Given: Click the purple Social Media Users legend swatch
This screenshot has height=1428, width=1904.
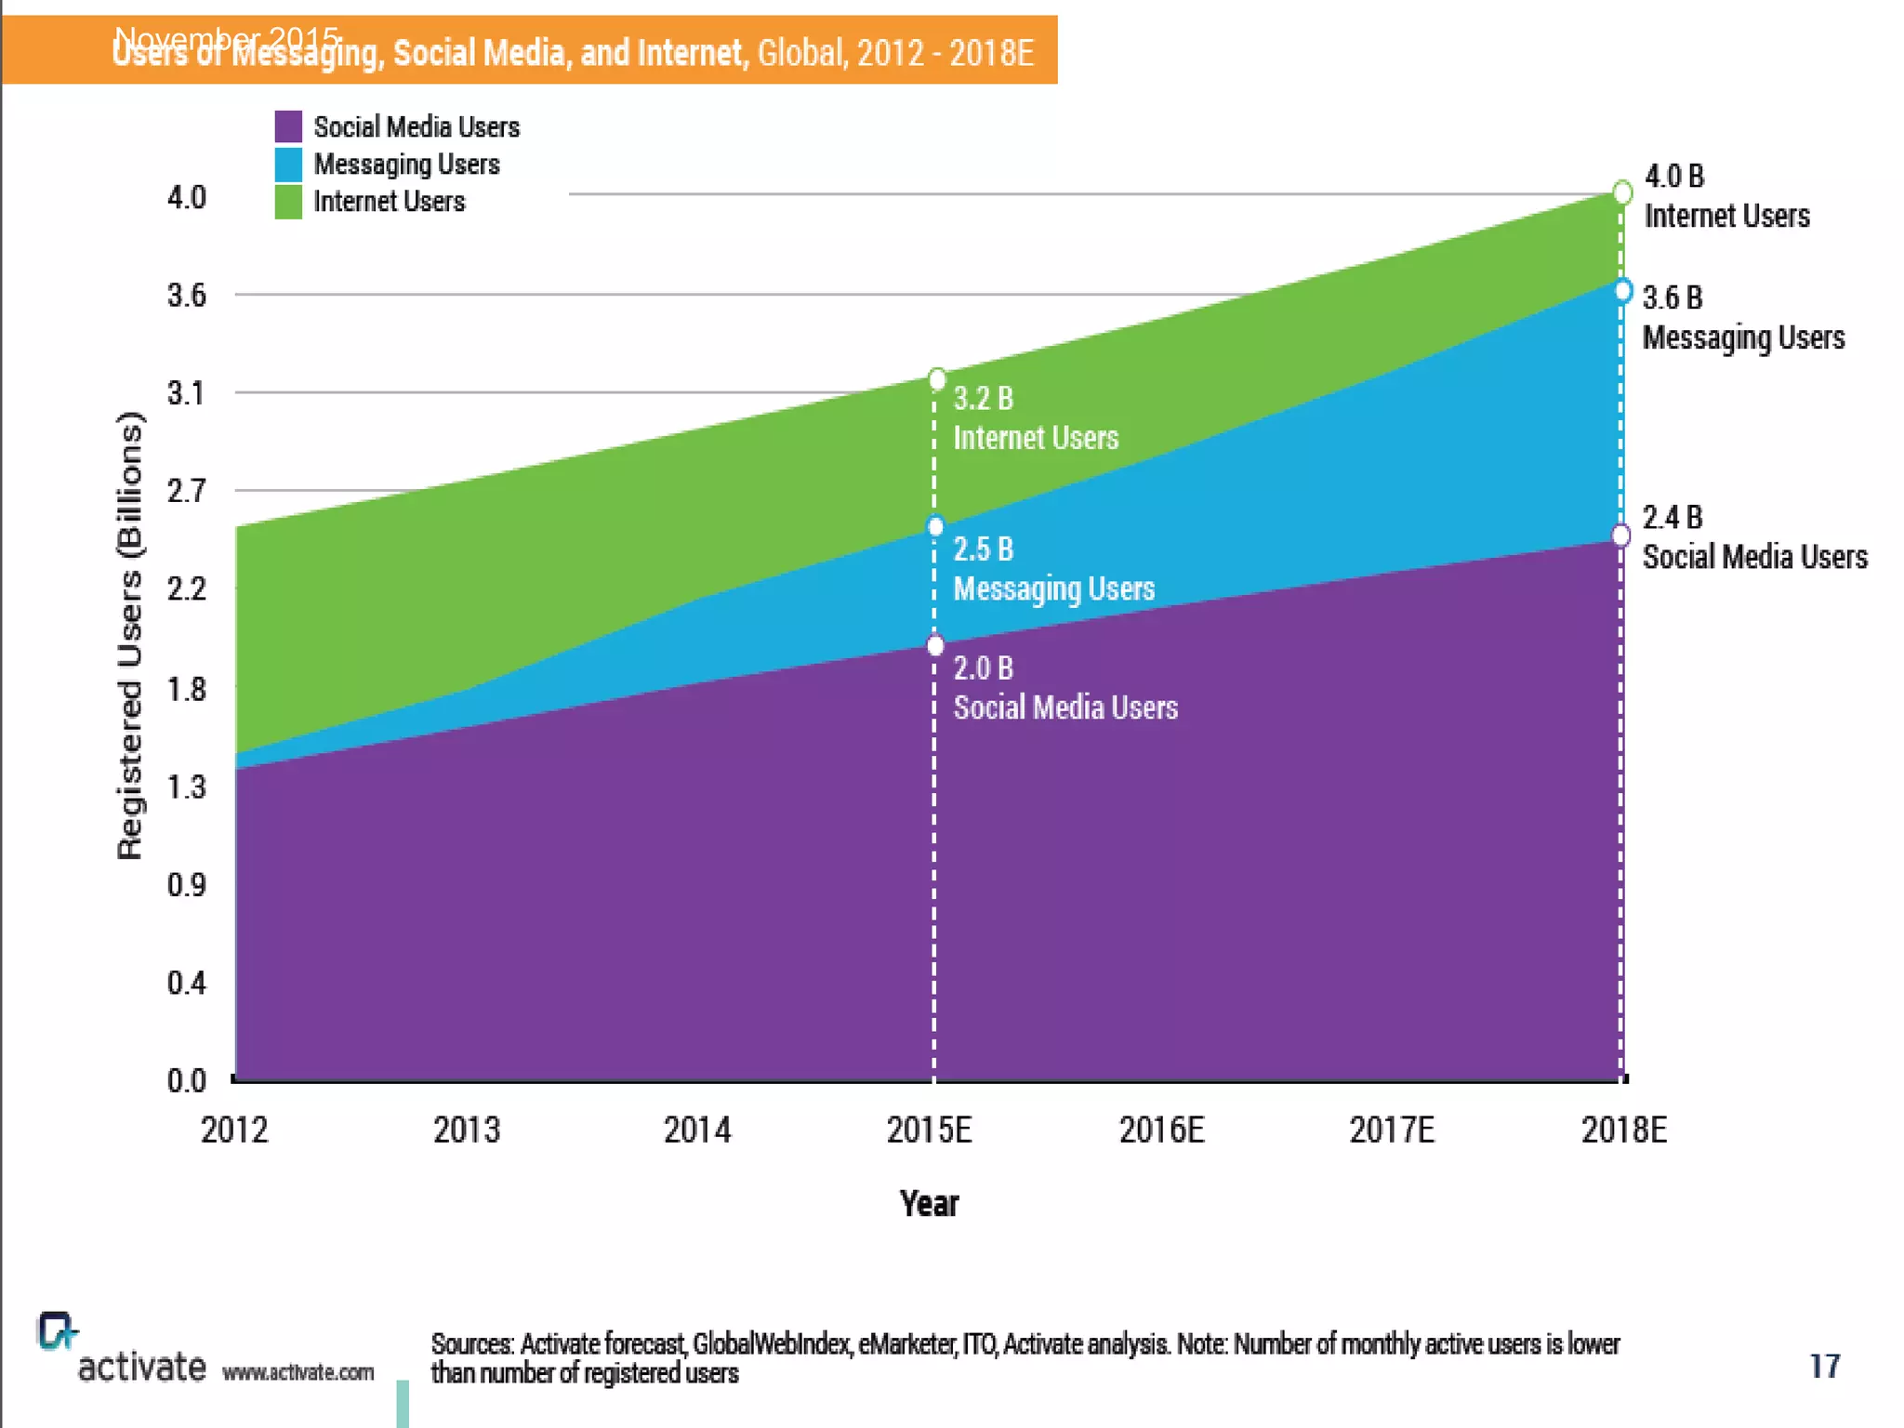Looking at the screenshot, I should (x=288, y=126).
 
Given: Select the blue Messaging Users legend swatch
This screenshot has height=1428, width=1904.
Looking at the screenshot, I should (x=288, y=165).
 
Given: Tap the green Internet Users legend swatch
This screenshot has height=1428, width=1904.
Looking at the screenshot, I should (x=288, y=202).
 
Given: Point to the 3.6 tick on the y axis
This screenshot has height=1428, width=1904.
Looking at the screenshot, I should (x=187, y=296).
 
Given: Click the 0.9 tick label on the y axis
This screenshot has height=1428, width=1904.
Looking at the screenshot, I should (x=187, y=885).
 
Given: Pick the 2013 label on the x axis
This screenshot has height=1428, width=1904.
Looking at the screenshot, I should (x=467, y=1130).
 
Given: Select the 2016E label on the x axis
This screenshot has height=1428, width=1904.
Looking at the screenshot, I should (x=1161, y=1130).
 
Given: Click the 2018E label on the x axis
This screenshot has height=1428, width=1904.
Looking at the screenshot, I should (x=1624, y=1130).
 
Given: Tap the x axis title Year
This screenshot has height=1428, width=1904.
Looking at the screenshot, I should (x=929, y=1204).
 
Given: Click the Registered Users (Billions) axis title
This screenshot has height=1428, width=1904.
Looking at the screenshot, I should (x=131, y=636).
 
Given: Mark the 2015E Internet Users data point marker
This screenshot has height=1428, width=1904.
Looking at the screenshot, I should (x=937, y=379).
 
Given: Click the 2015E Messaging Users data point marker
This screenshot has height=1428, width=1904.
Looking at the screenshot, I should (x=936, y=527).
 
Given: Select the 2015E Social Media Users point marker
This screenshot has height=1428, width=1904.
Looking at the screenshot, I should (x=936, y=645).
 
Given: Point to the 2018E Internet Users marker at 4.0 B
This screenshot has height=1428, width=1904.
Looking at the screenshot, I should (x=1622, y=192).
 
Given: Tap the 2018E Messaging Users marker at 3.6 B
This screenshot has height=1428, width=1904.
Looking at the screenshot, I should (x=1622, y=291).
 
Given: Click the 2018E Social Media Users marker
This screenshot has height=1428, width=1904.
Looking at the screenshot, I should (x=1621, y=535).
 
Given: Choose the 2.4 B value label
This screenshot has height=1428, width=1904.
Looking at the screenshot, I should (x=1673, y=517).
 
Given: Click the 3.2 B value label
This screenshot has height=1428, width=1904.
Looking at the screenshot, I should (x=983, y=399).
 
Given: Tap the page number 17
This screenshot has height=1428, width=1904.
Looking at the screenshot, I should (x=1824, y=1366).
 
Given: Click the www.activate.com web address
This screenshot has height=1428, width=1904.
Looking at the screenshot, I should (x=298, y=1372).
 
